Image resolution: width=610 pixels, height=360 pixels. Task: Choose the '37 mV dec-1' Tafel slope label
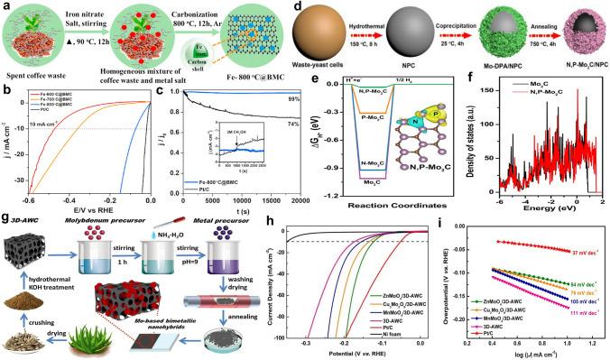pyautogui.click(x=579, y=254)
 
